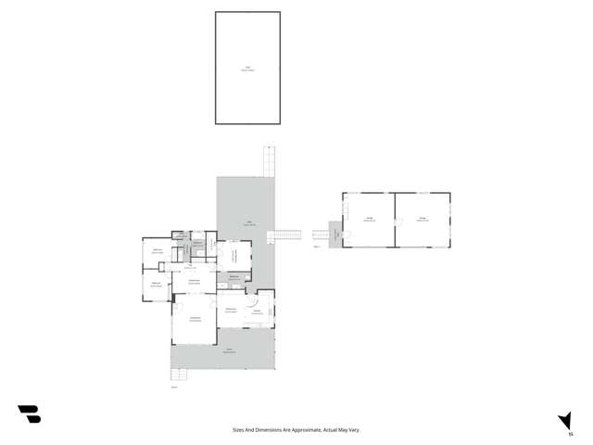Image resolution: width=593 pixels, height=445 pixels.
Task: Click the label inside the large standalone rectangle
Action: click(247, 69)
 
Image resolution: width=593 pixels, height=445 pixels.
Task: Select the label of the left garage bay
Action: click(368, 220)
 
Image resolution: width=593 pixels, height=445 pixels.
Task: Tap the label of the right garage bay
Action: click(423, 220)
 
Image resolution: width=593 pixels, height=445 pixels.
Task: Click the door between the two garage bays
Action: click(396, 221)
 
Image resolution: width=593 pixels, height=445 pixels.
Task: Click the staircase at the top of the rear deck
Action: click(269, 161)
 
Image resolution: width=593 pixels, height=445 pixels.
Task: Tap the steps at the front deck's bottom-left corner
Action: click(178, 376)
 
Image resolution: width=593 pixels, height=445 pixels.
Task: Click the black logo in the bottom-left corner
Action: click(29, 414)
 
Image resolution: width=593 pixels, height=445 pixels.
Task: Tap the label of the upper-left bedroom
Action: click(158, 251)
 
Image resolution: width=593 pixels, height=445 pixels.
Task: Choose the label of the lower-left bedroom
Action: click(157, 285)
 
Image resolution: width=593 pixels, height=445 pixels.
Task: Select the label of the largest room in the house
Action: click(196, 320)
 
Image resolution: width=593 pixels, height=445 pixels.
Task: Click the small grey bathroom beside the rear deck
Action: click(234, 278)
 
